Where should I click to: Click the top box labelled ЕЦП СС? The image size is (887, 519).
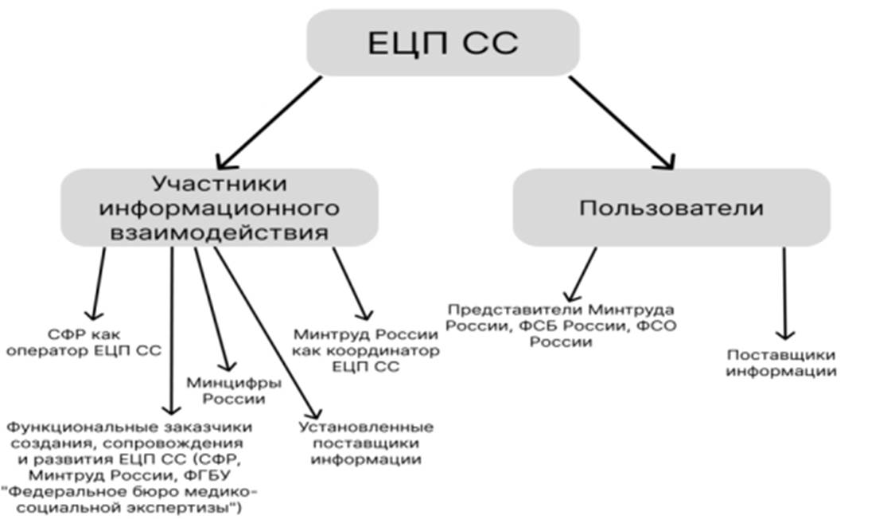442,44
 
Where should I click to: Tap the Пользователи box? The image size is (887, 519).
671,208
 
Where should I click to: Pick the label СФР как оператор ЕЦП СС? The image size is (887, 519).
84,341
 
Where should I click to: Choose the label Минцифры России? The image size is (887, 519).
233,390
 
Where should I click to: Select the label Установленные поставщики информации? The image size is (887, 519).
365,443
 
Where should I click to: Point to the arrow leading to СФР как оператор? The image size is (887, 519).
99,283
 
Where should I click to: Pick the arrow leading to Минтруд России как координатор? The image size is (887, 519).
351,283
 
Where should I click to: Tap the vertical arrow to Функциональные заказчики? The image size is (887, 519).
172,326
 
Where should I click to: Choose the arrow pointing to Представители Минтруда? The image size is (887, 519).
581,275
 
